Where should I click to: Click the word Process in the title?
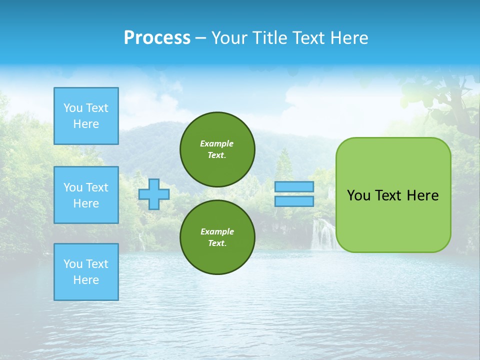157,38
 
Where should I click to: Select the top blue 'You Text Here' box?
86,116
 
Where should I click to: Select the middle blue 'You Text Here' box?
86,195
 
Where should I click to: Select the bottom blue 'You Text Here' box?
86,272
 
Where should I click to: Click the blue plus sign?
154,194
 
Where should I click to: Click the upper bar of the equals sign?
294,186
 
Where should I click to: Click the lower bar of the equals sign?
294,201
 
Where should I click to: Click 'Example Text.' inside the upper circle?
217,149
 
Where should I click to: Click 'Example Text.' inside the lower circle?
217,237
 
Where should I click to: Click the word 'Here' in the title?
350,38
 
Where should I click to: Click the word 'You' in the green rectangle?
358,195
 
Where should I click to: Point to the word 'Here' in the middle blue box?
86,203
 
